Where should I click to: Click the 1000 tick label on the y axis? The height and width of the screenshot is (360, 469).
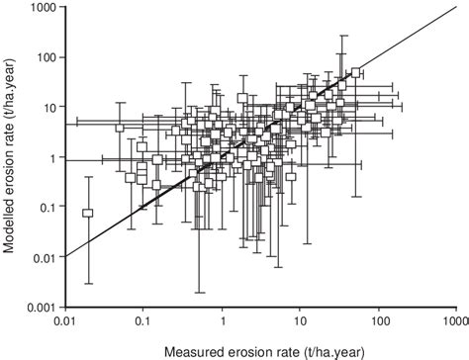tap(46, 8)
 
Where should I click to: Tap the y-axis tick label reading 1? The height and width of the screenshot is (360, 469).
tap(55, 157)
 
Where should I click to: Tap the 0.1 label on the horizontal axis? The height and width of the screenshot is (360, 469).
tap(143, 320)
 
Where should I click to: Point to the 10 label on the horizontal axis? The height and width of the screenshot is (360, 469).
tap(301, 320)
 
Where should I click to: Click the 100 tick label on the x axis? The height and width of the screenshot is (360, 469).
tap(379, 320)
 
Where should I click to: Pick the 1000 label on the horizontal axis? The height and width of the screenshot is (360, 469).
tap(455, 320)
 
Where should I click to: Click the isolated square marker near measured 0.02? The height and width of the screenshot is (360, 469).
tap(88, 213)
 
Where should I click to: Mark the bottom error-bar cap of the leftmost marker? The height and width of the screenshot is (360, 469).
tap(88, 284)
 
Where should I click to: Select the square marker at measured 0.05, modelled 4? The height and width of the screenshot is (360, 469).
tap(120, 128)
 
